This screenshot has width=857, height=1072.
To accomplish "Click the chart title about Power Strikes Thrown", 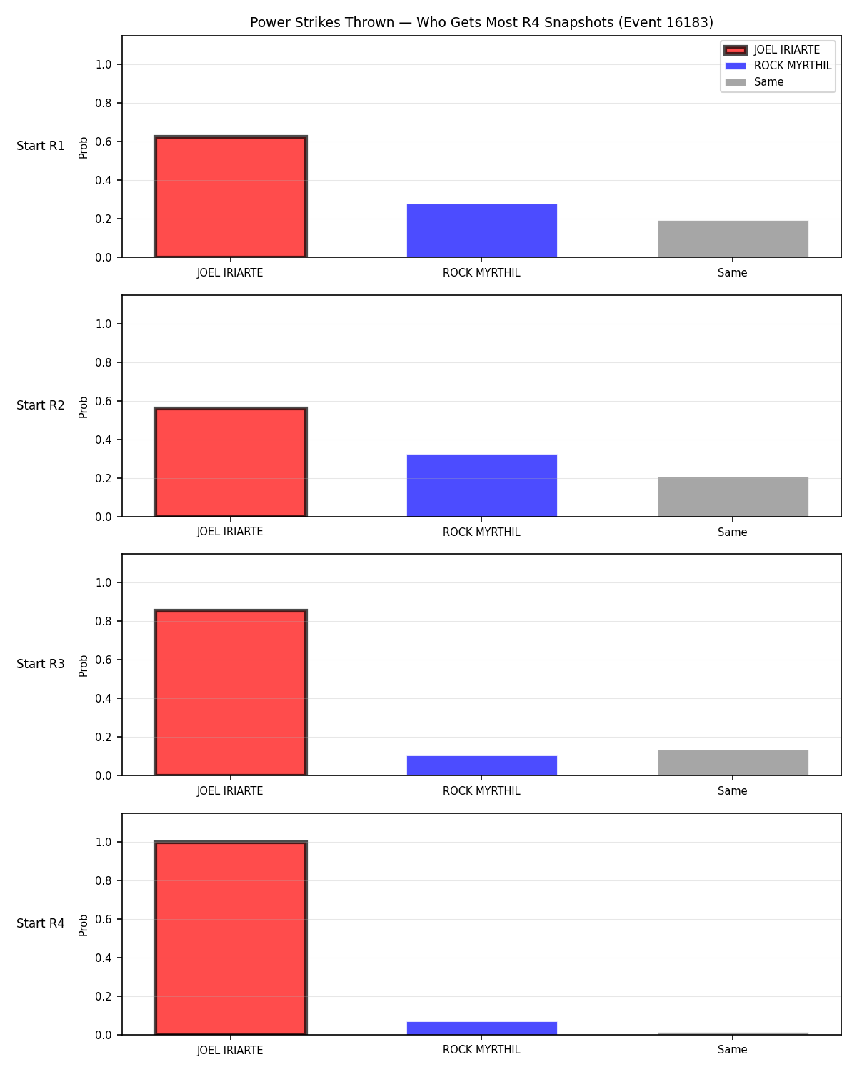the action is (x=481, y=22).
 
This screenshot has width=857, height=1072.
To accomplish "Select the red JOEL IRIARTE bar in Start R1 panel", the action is (x=231, y=197).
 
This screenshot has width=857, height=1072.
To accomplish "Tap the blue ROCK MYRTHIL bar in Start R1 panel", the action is (x=481, y=231).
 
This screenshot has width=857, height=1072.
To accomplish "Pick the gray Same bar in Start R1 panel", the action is (x=733, y=239).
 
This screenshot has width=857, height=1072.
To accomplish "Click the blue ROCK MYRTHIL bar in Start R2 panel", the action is (x=481, y=485).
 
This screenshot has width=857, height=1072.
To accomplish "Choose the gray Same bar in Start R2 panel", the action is (x=733, y=497).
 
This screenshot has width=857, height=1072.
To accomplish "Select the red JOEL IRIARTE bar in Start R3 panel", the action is (x=231, y=692).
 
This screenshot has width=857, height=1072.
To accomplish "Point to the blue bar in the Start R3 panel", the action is (x=481, y=765).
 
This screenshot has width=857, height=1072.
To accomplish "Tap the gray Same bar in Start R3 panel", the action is (x=733, y=763).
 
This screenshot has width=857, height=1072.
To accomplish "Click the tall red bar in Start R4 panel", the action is (x=231, y=938).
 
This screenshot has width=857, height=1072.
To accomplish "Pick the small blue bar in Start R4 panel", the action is (x=481, y=1028).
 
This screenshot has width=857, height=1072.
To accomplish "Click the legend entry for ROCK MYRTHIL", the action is (x=778, y=66).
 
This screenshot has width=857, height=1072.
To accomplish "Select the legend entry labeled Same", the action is (x=754, y=82).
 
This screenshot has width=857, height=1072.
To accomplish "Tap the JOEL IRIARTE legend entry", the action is (x=772, y=50).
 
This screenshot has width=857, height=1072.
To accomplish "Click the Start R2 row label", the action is (x=40, y=405).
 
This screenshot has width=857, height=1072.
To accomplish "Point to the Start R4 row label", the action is (x=40, y=923).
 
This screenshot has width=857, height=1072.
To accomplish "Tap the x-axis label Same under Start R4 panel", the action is (x=732, y=1050).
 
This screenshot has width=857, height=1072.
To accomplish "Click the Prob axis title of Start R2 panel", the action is (x=83, y=407).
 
